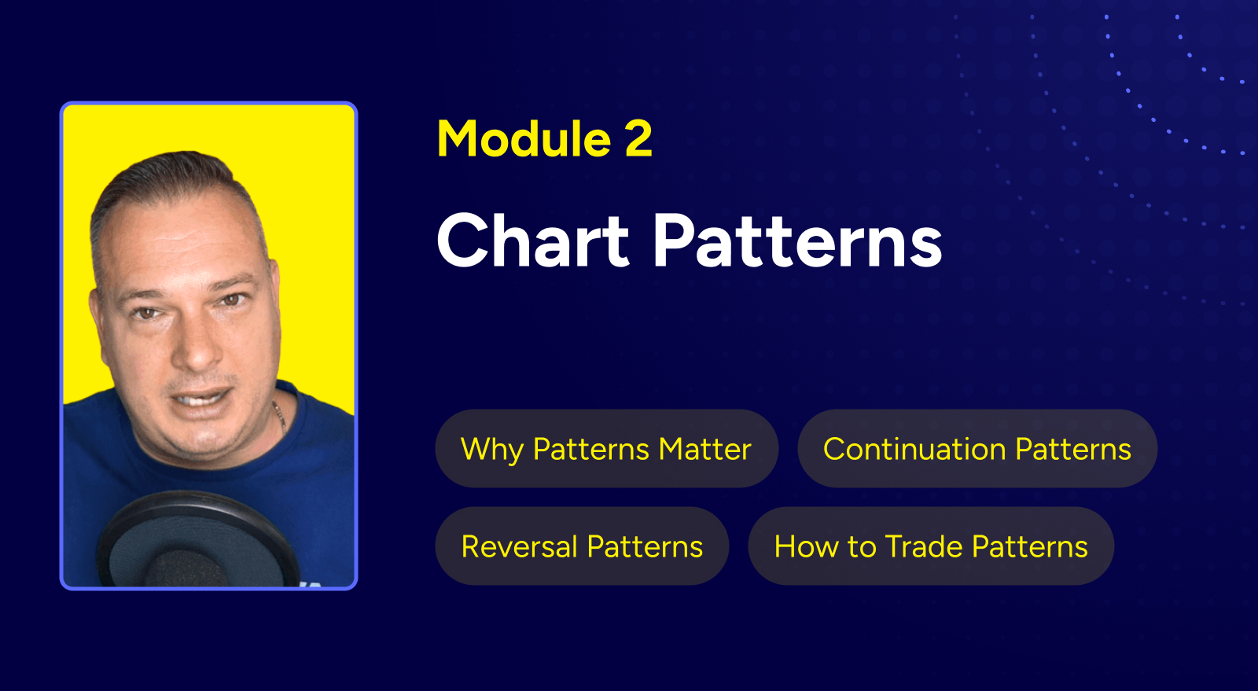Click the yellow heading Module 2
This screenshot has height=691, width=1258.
tap(544, 138)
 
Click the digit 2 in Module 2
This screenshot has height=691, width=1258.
tap(638, 138)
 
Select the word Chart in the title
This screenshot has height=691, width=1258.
tap(532, 241)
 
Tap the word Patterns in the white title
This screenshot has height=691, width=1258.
tap(797, 241)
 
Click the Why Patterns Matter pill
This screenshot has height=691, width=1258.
tap(606, 448)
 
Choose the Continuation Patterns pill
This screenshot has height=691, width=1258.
tap(977, 448)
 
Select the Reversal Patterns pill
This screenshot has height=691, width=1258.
tap(582, 546)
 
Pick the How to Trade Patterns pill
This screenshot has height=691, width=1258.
tap(931, 546)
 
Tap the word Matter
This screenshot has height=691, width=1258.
tap(704, 449)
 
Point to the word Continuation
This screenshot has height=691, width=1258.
tap(915, 449)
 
